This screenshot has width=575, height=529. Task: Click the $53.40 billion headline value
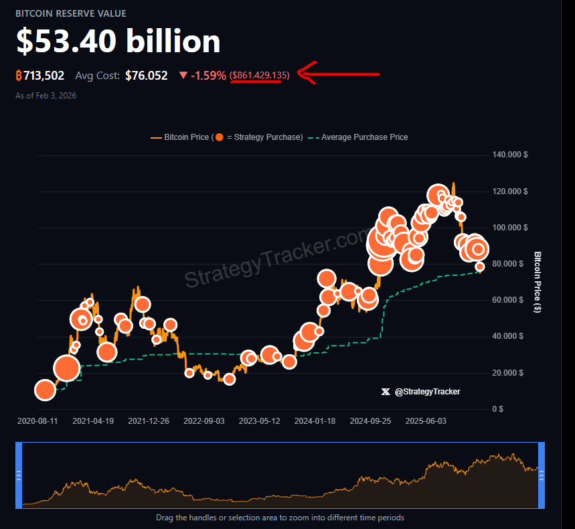pyautogui.click(x=118, y=42)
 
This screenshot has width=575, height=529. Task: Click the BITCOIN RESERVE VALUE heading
pyautogui.click(x=71, y=13)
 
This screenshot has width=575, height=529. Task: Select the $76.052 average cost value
pyautogui.click(x=147, y=76)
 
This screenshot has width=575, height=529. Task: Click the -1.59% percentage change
pyautogui.click(x=208, y=76)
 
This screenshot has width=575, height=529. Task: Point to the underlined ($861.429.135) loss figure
pyautogui.click(x=260, y=76)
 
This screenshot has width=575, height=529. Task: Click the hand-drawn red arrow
pyautogui.click(x=338, y=73)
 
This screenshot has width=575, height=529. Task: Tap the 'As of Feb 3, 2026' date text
pyautogui.click(x=46, y=96)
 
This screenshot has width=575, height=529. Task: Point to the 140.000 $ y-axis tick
pyautogui.click(x=509, y=155)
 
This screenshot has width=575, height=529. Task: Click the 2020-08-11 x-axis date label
pyautogui.click(x=37, y=421)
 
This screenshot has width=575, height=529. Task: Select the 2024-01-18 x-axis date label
pyautogui.click(x=316, y=421)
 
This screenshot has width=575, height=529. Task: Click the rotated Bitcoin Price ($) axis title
pyautogui.click(x=538, y=282)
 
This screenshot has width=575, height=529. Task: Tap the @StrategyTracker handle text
pyautogui.click(x=428, y=392)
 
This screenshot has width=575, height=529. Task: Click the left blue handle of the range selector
pyautogui.click(x=19, y=475)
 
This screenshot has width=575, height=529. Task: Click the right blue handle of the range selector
pyautogui.click(x=542, y=475)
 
